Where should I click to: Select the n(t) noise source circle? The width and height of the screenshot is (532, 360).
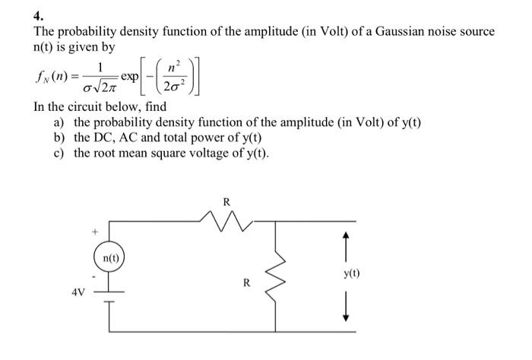pyautogui.click(x=111, y=259)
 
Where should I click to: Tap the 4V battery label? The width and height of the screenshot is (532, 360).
pyautogui.click(x=78, y=291)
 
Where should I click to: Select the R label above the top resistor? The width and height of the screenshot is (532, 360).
pyautogui.click(x=226, y=202)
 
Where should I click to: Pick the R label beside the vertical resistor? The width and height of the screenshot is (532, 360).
pyautogui.click(x=246, y=283)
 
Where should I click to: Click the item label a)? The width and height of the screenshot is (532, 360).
pyautogui.click(x=59, y=123)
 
